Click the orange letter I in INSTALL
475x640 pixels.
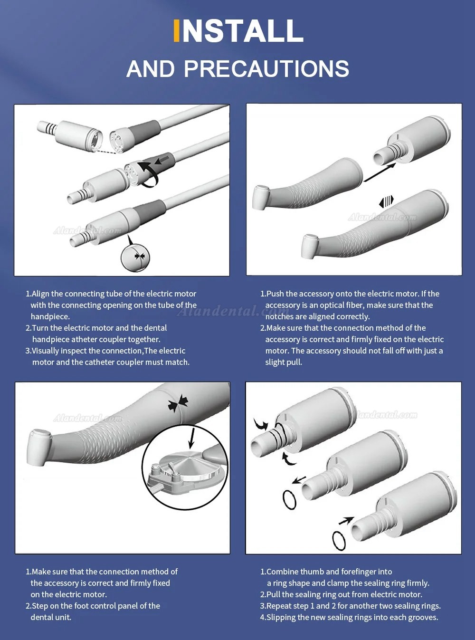[x=176, y=30]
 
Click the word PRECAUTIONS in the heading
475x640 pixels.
[x=266, y=69]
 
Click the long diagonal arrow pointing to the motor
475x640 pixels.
[x=380, y=172]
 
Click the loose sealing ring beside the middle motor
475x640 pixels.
[x=289, y=499]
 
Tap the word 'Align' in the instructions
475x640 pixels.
[x=40, y=294]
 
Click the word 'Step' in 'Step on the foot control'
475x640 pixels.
[x=40, y=606]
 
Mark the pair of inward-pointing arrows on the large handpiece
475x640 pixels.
[x=178, y=403]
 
